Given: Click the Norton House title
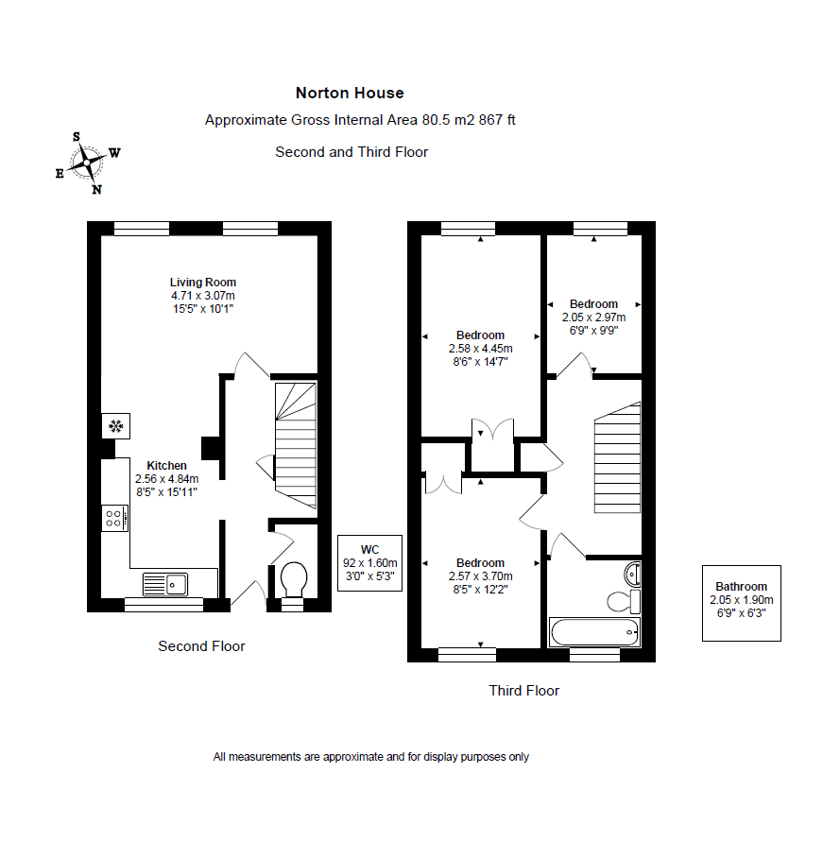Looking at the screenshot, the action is pyautogui.click(x=350, y=94).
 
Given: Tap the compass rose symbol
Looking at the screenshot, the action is pyautogui.click(x=88, y=163).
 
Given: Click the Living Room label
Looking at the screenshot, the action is pyautogui.click(x=202, y=283).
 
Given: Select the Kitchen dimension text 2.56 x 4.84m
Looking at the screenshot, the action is pyautogui.click(x=167, y=479).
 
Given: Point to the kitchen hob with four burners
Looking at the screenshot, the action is pyautogui.click(x=115, y=518).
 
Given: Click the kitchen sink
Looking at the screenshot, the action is pyautogui.click(x=164, y=584).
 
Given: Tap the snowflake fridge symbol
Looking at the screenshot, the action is pyautogui.click(x=115, y=426).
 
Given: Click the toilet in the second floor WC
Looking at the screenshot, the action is pyautogui.click(x=294, y=579).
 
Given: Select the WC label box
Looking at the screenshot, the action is pyautogui.click(x=369, y=563).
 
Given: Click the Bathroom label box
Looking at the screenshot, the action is pyautogui.click(x=742, y=603).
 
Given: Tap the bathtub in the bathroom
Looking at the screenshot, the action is pyautogui.click(x=594, y=632).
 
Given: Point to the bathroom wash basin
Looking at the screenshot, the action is pyautogui.click(x=632, y=575).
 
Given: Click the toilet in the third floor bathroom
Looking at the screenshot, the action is pyautogui.click(x=624, y=601).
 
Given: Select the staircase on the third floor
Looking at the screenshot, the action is pyautogui.click(x=618, y=458).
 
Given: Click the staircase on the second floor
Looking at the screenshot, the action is pyautogui.click(x=296, y=445).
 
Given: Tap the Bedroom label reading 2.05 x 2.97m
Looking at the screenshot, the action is pyautogui.click(x=593, y=318).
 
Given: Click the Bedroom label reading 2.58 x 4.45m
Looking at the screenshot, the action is pyautogui.click(x=480, y=349).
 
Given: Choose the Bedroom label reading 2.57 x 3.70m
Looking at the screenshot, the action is pyautogui.click(x=480, y=576).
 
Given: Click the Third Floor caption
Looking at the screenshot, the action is pyautogui.click(x=524, y=690).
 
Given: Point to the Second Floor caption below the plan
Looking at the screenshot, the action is pyautogui.click(x=201, y=645).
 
